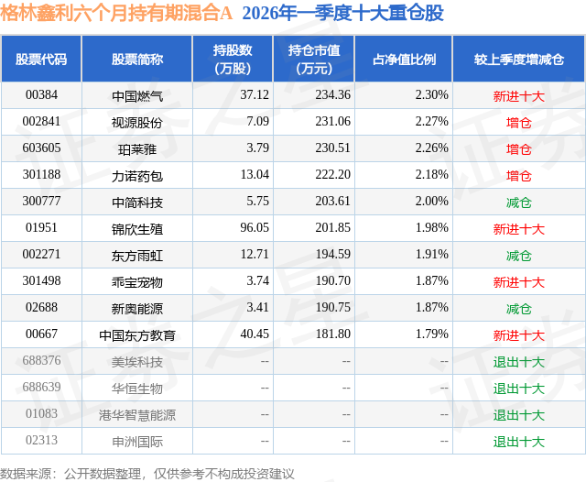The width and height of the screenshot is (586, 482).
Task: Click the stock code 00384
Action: [x=41, y=94]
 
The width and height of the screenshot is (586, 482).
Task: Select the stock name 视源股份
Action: [x=137, y=121]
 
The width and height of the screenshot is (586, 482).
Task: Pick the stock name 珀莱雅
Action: [x=137, y=148]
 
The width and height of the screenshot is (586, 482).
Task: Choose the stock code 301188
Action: [x=41, y=175]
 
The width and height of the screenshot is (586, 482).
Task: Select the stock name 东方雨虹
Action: [x=137, y=255]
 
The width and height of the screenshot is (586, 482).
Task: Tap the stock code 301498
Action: [x=41, y=282]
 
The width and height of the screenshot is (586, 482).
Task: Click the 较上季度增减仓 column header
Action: [x=518, y=60]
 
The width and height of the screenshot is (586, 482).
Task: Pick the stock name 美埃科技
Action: [x=137, y=362]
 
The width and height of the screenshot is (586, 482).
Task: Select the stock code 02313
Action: [x=41, y=442]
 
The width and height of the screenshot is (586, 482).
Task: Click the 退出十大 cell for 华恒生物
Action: [x=518, y=389]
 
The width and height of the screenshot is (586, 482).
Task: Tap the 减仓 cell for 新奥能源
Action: [x=518, y=309]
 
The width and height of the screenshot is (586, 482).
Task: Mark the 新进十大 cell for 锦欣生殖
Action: [x=518, y=228]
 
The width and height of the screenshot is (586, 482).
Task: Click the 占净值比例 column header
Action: [x=404, y=60]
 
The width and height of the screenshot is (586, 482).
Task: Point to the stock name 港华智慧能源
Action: [x=137, y=415]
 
